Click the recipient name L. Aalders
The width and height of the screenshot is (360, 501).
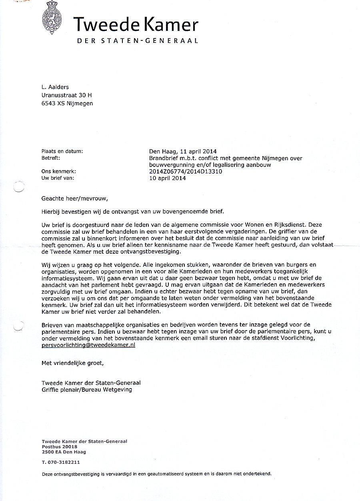click(56, 88)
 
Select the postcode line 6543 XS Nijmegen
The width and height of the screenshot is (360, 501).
click(67, 103)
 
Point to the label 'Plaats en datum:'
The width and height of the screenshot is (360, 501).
click(62, 151)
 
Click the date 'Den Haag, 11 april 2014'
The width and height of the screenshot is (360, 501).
click(183, 151)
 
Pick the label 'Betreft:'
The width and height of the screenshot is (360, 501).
click(51, 158)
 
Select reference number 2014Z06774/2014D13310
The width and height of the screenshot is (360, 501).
click(186, 171)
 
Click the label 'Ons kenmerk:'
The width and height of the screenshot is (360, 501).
click(59, 171)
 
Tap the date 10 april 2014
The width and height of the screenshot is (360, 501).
click(167, 178)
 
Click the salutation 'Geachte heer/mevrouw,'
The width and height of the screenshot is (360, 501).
click(75, 198)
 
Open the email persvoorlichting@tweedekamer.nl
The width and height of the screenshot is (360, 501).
click(88, 345)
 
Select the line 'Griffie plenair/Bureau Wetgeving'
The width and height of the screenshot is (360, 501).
click(87, 389)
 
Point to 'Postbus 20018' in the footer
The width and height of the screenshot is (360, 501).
click(60, 446)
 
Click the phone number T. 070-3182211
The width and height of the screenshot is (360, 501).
click(61, 462)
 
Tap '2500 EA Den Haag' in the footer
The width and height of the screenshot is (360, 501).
click(64, 452)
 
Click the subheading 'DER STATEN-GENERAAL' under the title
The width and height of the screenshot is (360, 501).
click(137, 41)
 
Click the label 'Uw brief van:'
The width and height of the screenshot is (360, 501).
click(58, 178)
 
